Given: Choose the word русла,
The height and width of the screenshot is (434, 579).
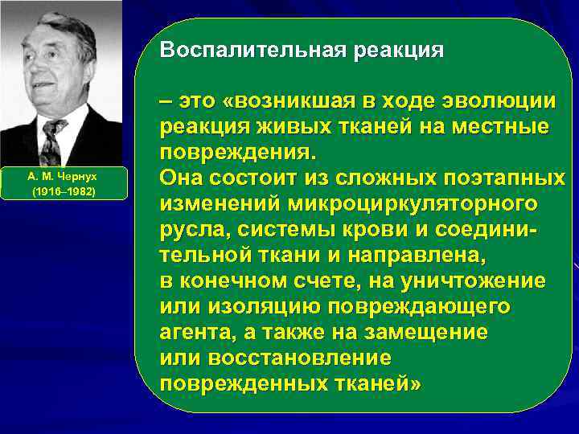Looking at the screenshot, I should coord(192,230).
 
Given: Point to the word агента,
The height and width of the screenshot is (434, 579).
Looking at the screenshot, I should coord(195,333).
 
